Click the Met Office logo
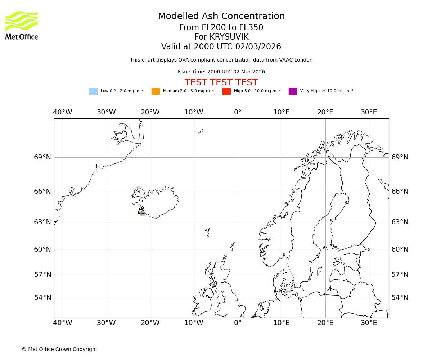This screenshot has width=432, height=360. [22, 25]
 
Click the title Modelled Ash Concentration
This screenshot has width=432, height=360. [221, 17]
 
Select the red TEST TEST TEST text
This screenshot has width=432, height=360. [221, 83]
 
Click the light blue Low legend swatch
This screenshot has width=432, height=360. [93, 91]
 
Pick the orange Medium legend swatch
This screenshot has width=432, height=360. [156, 91]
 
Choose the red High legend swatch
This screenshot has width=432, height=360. [226, 91]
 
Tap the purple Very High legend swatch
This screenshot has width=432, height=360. [293, 91]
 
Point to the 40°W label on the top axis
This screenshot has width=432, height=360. [63, 112]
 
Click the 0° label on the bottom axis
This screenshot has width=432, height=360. [238, 323]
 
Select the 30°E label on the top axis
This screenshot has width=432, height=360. [369, 112]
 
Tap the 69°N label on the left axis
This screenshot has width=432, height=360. [42, 157]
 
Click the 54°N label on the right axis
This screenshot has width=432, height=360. [400, 298]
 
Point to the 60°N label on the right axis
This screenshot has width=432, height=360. [400, 249]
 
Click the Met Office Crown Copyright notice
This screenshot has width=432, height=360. [59, 349]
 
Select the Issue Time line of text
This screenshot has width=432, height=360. [221, 72]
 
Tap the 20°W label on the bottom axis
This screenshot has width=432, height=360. [150, 323]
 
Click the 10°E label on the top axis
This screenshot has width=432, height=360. [282, 112]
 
